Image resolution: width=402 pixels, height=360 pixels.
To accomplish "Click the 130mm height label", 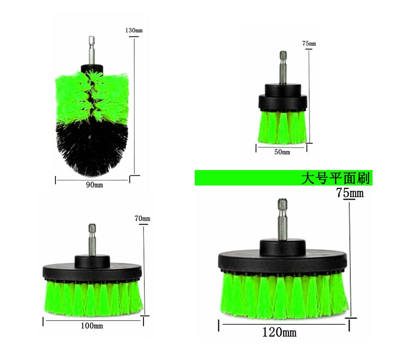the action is pyautogui.click(x=134, y=30).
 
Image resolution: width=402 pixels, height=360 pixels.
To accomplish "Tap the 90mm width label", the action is pyautogui.click(x=94, y=185).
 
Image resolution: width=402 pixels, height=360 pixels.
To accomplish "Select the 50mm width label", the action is pyautogui.click(x=282, y=152).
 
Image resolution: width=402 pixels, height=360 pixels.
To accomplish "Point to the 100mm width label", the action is pyautogui.click(x=92, y=326).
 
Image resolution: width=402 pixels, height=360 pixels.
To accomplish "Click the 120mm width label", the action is pyautogui.click(x=279, y=332).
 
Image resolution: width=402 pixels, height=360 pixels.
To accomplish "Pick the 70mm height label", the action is pyautogui.click(x=142, y=218).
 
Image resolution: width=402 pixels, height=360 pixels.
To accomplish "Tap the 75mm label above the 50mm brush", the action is pyautogui.click(x=309, y=43).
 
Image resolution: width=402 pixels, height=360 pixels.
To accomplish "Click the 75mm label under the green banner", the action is pyautogui.click(x=350, y=193).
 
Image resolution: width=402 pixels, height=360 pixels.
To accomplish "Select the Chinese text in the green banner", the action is pyautogui.click(x=335, y=178).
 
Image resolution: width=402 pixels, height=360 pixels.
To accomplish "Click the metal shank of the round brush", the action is pyautogui.click(x=92, y=50).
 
